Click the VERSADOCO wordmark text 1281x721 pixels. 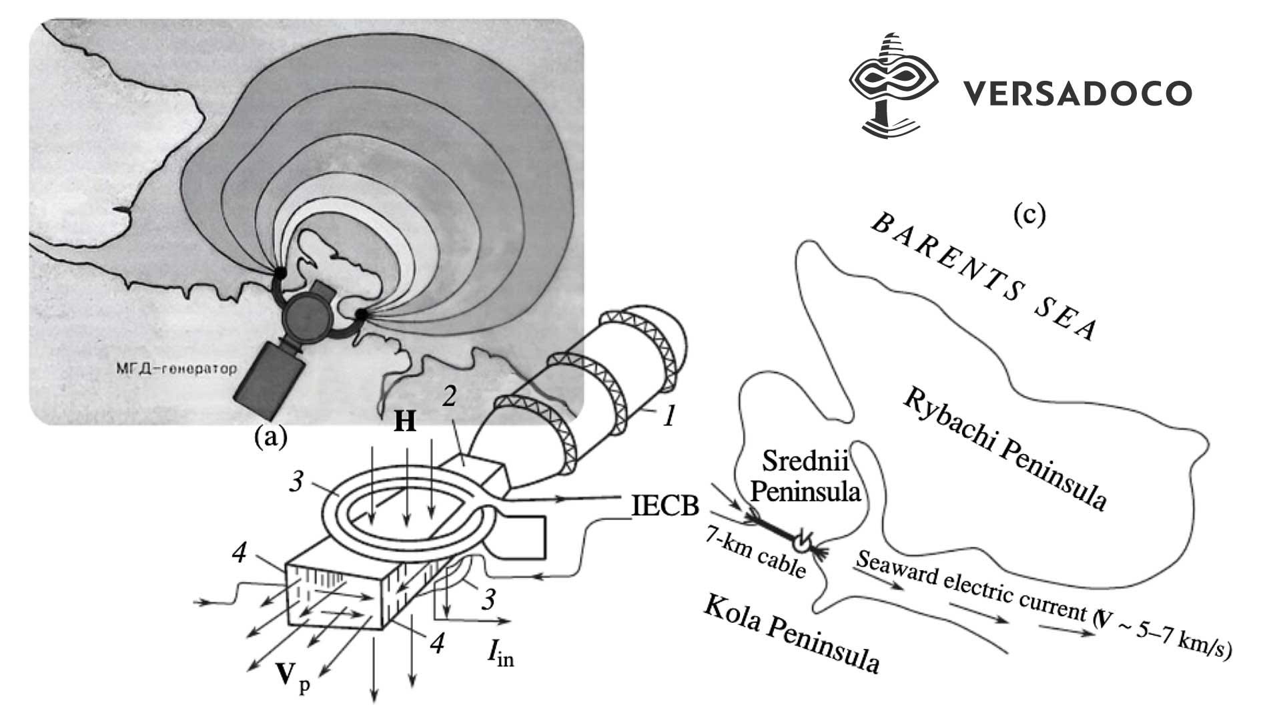click(x=1077, y=93)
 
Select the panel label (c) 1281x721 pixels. click(x=1029, y=215)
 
